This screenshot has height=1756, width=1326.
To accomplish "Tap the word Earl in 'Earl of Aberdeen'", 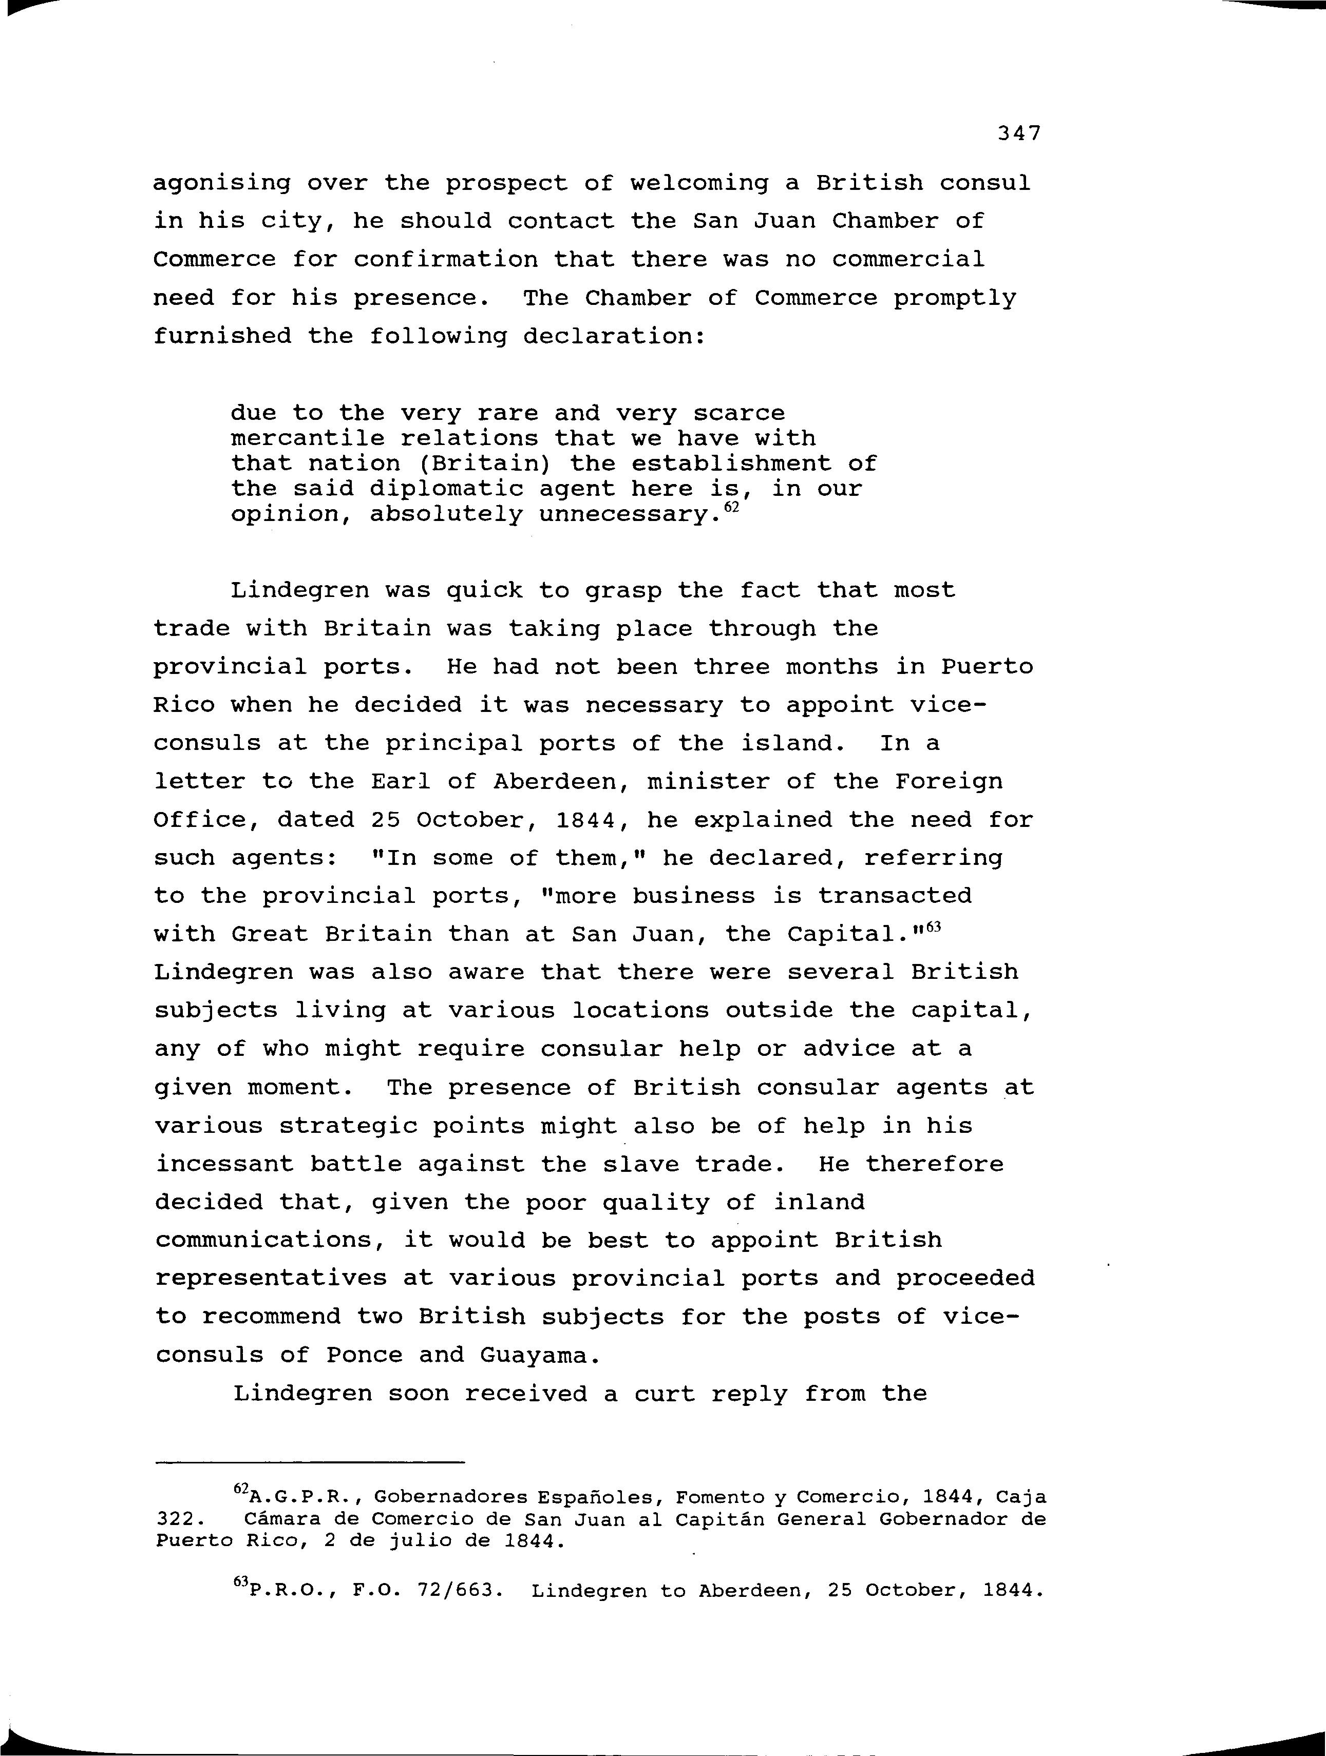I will coord(400,782).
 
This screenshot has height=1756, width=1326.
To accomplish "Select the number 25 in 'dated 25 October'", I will coord(384,820).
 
